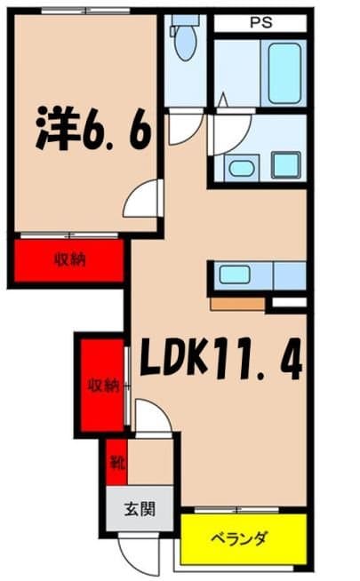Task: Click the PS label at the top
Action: pyautogui.click(x=260, y=23)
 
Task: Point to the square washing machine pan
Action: pyautogui.click(x=285, y=164)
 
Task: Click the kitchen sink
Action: pyautogui.click(x=235, y=275)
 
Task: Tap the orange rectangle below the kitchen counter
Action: pyautogui.click(x=237, y=304)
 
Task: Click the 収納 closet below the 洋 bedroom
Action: pyautogui.click(x=68, y=260)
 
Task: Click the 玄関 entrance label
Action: pyautogui.click(x=140, y=510)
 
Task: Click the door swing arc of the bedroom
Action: pyautogui.click(x=142, y=198)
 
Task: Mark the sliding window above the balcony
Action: pyautogui.click(x=237, y=511)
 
